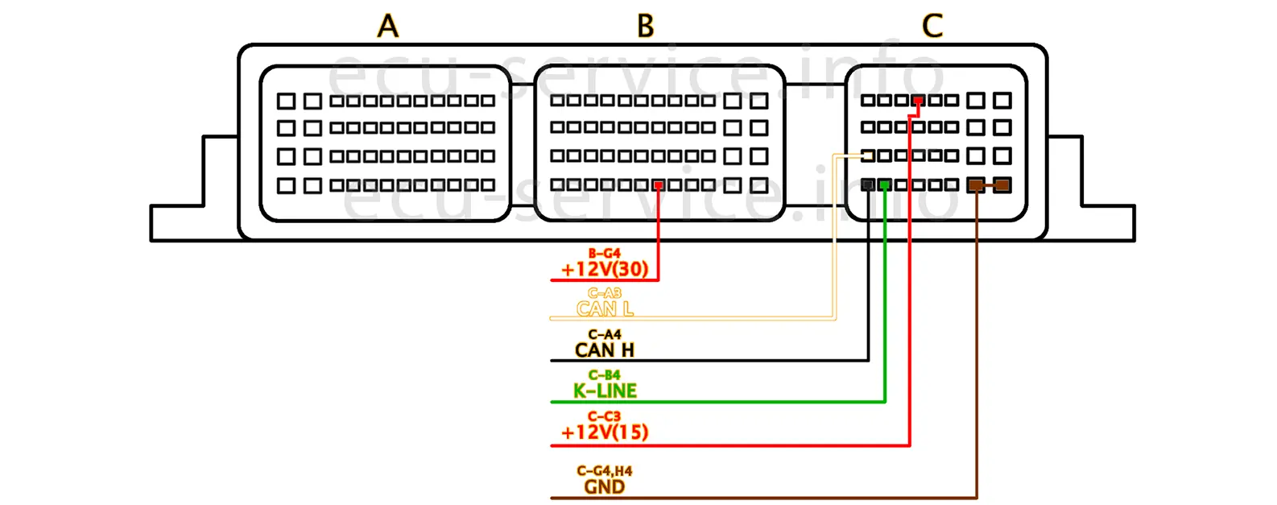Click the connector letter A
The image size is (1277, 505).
(x=388, y=26)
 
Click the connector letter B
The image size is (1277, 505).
(x=645, y=26)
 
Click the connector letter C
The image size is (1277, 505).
(x=932, y=26)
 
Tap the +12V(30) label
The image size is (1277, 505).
(x=605, y=269)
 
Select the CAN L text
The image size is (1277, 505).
(x=605, y=308)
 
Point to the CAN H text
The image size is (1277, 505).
(x=605, y=350)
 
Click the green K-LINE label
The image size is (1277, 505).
(x=605, y=391)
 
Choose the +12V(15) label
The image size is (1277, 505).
(x=605, y=432)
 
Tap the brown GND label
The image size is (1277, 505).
(x=605, y=486)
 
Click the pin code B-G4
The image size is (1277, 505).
(x=605, y=253)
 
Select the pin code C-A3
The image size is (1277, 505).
(x=605, y=293)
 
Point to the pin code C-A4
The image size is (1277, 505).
(x=605, y=334)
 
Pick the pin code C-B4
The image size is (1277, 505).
(x=605, y=375)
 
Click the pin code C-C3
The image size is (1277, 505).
(x=605, y=416)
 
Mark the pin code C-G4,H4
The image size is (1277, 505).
(x=605, y=471)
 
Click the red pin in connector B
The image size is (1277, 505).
(x=659, y=185)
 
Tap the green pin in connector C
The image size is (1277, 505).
(x=885, y=185)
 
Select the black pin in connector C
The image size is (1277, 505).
(x=868, y=185)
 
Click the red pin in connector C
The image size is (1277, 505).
(x=918, y=101)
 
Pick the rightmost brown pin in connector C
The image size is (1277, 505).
(x=1002, y=185)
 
